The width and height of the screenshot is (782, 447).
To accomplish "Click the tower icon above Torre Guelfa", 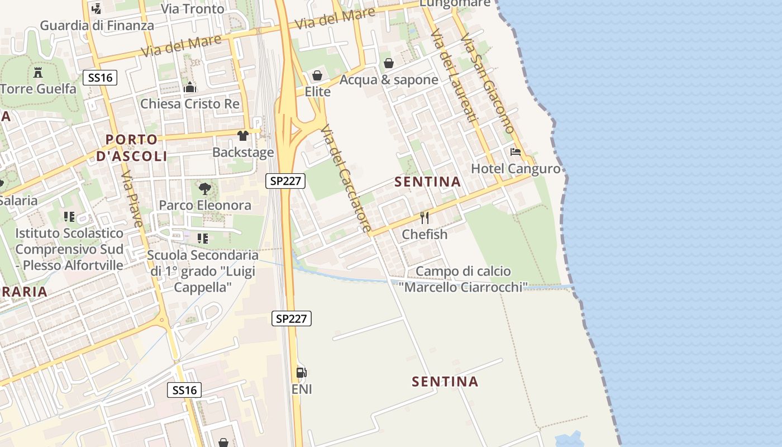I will [x=38, y=73].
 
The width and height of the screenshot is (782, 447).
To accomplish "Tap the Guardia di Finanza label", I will [x=97, y=25].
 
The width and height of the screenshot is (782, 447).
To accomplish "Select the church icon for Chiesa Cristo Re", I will [x=190, y=88].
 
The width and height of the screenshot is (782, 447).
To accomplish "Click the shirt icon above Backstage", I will [x=243, y=136].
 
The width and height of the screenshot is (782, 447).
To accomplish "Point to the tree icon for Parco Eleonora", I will [x=205, y=189].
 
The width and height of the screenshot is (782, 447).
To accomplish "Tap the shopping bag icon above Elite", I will [x=317, y=75].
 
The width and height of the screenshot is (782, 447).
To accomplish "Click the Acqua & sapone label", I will [x=389, y=80].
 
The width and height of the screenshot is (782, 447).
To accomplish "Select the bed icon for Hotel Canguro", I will [x=516, y=152].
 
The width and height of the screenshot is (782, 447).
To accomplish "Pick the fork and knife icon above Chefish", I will [x=425, y=218].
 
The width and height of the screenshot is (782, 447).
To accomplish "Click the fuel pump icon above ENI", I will [x=302, y=373].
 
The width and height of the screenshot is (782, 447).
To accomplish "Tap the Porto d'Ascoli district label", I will [x=131, y=148].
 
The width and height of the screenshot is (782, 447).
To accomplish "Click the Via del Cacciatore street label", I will [x=346, y=178].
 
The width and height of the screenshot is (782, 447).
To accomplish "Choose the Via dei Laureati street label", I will [x=455, y=75].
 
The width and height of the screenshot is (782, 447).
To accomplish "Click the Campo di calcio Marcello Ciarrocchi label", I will [x=463, y=279].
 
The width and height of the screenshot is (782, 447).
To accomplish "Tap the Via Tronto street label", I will [x=193, y=9].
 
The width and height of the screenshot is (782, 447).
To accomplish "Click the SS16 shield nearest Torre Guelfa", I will [x=101, y=78].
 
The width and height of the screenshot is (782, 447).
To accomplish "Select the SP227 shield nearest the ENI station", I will [x=292, y=318].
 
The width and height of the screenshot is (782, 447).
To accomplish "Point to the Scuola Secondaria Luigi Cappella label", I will [x=203, y=271].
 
